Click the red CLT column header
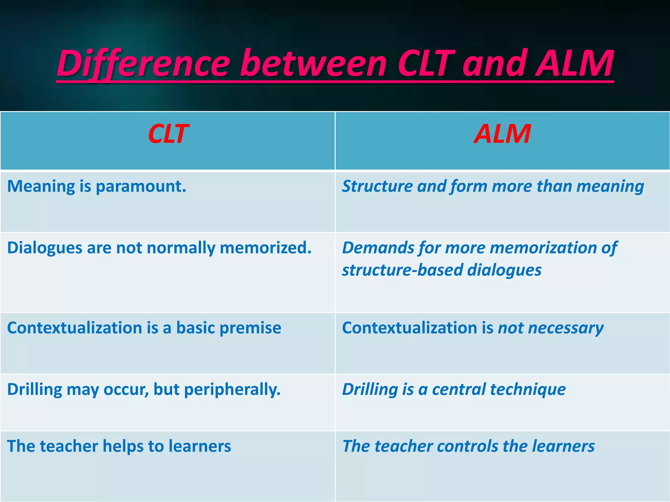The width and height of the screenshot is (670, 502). coord(168,134)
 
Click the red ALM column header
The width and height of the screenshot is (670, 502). coord(502,134)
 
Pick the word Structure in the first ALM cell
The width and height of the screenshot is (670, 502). coord(377,186)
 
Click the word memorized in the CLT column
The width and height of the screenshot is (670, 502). coord(266,248)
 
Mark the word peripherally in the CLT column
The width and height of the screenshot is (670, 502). coord(232,390)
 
